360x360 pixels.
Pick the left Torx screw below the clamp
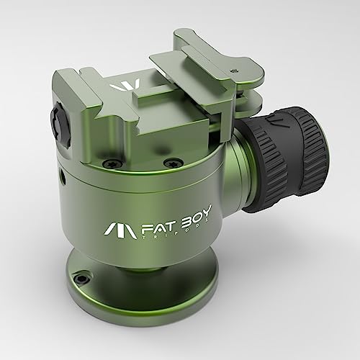[106, 165]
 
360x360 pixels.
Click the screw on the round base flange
[82, 276]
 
